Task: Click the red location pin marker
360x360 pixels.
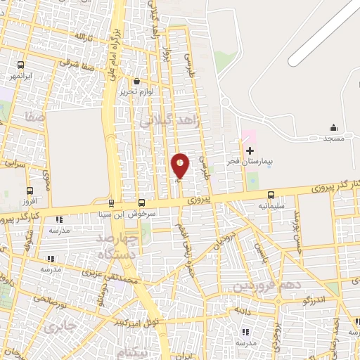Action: (x=181, y=166)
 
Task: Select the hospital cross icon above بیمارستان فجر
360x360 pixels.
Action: (x=250, y=150)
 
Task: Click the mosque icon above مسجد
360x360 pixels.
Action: (x=334, y=127)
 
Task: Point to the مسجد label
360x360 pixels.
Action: (x=333, y=139)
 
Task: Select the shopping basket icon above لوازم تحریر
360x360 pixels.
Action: (x=136, y=81)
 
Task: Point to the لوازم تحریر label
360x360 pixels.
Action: (x=136, y=92)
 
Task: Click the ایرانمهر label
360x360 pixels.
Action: (x=25, y=75)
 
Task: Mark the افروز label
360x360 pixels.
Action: (x=27, y=200)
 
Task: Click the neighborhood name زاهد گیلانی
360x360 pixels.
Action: (x=171, y=122)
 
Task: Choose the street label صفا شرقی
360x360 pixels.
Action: (x=72, y=62)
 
